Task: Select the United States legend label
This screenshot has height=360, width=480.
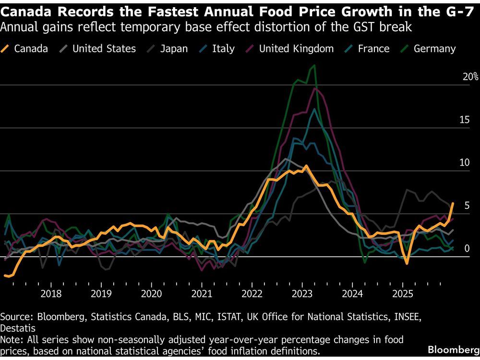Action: point(104,48)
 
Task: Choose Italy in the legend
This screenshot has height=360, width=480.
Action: point(223,48)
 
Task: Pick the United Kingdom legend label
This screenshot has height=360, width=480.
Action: point(296,48)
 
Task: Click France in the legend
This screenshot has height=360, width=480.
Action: point(373,48)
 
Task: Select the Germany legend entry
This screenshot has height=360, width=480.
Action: point(434,48)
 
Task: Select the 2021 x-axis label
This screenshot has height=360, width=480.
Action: point(202,294)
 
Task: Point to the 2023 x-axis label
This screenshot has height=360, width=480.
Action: point(302,294)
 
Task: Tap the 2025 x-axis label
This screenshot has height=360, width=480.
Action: point(403,294)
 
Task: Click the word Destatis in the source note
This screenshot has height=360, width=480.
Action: point(18,328)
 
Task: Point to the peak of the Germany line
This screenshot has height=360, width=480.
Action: point(314,66)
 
